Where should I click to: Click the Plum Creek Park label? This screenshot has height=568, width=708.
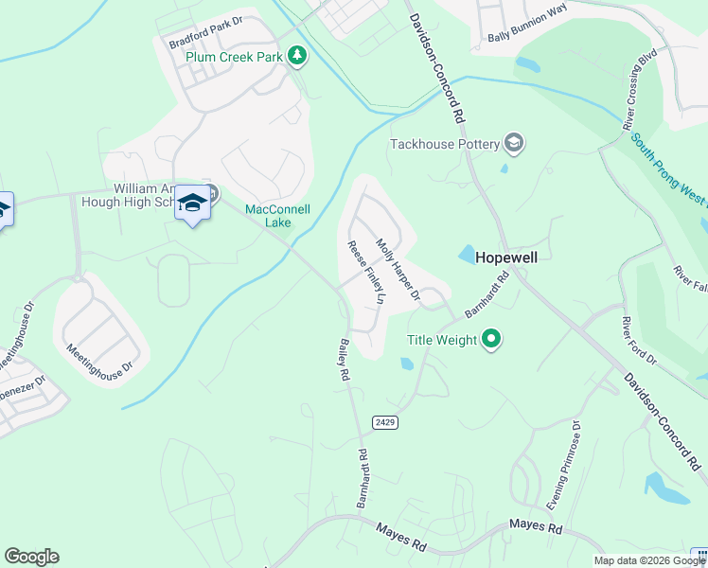pos(236,58)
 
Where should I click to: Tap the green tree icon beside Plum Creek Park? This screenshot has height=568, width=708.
pos(298,56)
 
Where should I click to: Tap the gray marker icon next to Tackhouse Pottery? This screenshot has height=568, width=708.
pos(514,143)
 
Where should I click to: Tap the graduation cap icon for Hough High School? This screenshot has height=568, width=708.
pos(192,204)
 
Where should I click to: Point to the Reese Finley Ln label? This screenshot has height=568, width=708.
pos(367,272)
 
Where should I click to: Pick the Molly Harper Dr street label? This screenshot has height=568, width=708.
pos(398,270)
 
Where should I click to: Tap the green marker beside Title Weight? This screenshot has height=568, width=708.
pos(490,340)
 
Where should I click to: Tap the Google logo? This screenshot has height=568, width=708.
pos(31,557)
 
